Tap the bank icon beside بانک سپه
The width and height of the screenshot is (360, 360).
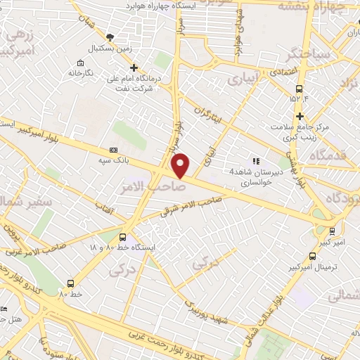click(x=114, y=150)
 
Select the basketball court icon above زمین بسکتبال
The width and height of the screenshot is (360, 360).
click(x=108, y=37)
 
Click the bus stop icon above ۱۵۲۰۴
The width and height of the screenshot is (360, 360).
click(x=300, y=89)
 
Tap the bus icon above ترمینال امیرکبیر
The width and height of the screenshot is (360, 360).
click(x=311, y=257)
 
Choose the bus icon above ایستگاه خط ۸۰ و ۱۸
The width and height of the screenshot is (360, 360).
click(x=124, y=237)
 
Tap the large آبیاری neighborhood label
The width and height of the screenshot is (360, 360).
click(x=243, y=81)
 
